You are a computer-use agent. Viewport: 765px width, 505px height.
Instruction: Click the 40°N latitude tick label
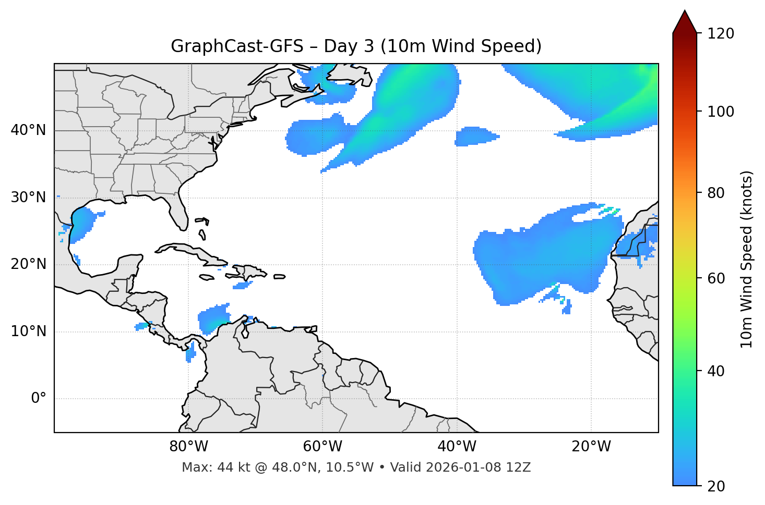28,130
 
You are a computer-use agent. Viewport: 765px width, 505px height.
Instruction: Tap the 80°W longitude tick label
188,447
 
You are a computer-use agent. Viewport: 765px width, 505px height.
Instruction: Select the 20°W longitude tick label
591,447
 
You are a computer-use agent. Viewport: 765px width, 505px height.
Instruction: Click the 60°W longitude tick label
322,447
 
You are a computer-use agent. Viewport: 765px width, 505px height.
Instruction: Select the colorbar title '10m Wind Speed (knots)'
746,259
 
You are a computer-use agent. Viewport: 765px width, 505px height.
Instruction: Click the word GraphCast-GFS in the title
237,46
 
